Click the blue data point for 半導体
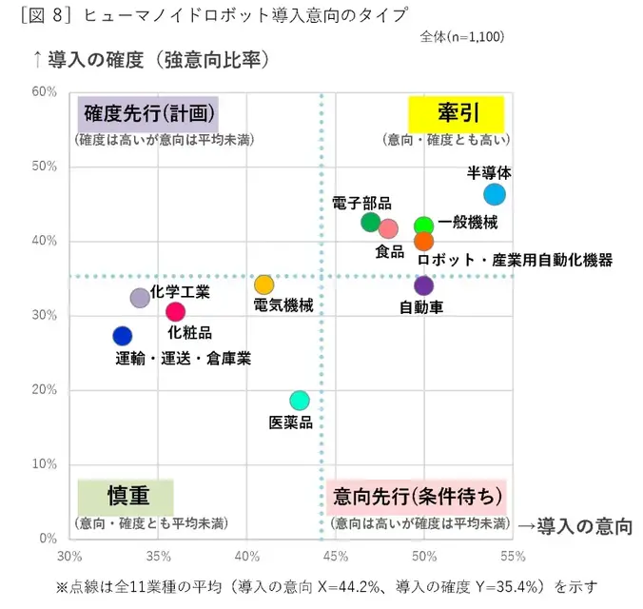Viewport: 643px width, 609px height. pyautogui.click(x=495, y=194)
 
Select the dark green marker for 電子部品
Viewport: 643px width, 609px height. pyautogui.click(x=371, y=222)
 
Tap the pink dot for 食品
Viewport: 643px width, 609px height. pyautogui.click(x=388, y=228)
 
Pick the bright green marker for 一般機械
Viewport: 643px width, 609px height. pyautogui.click(x=424, y=226)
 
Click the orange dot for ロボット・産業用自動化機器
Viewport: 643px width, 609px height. pyautogui.click(x=424, y=241)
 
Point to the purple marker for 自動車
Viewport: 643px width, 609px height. pyautogui.click(x=424, y=285)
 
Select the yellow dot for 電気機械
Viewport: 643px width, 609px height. pyautogui.click(x=264, y=285)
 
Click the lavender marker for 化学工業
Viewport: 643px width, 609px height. pyautogui.click(x=140, y=298)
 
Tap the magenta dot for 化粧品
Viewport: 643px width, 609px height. pyautogui.click(x=175, y=311)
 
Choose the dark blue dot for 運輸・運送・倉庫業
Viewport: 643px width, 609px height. pyautogui.click(x=123, y=336)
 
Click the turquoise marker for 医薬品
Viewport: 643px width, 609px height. pyautogui.click(x=300, y=400)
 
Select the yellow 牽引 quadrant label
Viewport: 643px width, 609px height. pyautogui.click(x=456, y=114)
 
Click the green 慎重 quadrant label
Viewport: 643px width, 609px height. pyautogui.click(x=126, y=497)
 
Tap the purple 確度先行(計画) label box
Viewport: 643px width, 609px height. pyautogui.click(x=147, y=114)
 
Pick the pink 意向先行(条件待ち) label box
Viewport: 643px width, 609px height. pyautogui.click(x=416, y=497)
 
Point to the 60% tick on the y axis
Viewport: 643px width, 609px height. pyautogui.click(x=45, y=91)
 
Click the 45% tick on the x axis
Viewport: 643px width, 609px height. pyautogui.click(x=336, y=555)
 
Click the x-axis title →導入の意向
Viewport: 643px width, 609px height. pyautogui.click(x=574, y=525)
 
